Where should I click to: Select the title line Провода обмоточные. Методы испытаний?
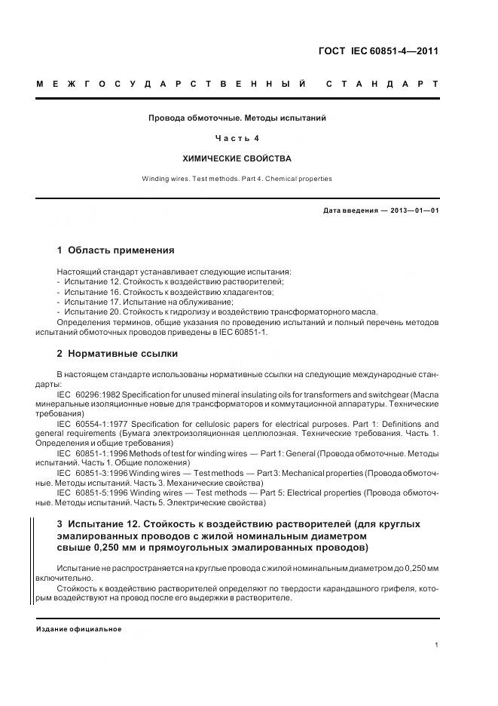tap(237, 118)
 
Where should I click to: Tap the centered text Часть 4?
tap(237, 139)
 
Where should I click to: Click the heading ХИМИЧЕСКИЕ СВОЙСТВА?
tap(237, 159)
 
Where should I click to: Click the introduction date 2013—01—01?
tap(414, 210)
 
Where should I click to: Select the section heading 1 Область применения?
tap(115, 250)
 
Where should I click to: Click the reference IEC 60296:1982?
tap(87, 394)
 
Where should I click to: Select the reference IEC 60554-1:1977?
tap(92, 425)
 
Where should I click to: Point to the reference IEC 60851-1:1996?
tap(92, 453)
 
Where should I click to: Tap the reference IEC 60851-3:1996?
tap(92, 473)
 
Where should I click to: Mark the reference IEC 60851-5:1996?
tap(92, 493)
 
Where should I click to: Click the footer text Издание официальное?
tap(78, 629)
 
